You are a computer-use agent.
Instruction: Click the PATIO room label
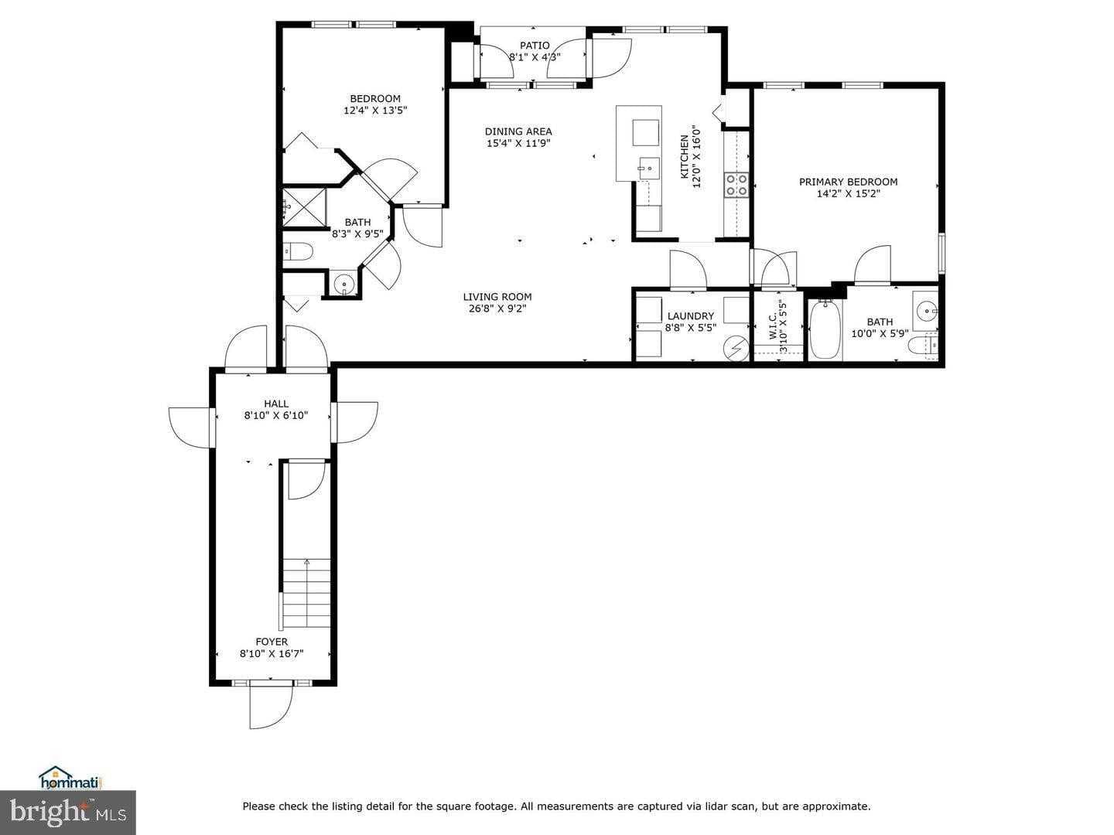pyautogui.click(x=535, y=46)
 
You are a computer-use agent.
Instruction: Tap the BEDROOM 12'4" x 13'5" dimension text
pyautogui.click(x=375, y=111)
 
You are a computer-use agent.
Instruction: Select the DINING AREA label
pyautogui.click(x=518, y=131)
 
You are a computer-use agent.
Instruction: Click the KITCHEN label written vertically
pyautogui.click(x=685, y=157)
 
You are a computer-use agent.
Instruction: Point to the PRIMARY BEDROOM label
pyautogui.click(x=848, y=182)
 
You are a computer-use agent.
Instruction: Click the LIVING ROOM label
pyautogui.click(x=497, y=297)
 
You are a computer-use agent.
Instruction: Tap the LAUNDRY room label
pyautogui.click(x=690, y=316)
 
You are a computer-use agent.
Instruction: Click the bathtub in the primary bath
pyautogui.click(x=825, y=330)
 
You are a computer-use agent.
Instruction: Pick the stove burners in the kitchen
pyautogui.click(x=736, y=185)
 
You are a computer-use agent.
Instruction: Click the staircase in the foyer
pyautogui.click(x=307, y=593)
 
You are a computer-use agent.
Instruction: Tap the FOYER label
pyautogui.click(x=272, y=642)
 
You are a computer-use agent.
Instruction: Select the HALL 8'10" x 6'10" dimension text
pyautogui.click(x=276, y=415)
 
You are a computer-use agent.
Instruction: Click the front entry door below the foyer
pyautogui.click(x=272, y=705)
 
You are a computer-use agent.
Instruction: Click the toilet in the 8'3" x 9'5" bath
pyautogui.click(x=297, y=250)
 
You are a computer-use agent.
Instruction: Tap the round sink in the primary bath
pyautogui.click(x=925, y=312)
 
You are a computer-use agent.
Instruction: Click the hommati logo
pyautogui.click(x=70, y=778)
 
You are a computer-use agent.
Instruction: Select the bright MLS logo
pyautogui.click(x=68, y=812)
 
